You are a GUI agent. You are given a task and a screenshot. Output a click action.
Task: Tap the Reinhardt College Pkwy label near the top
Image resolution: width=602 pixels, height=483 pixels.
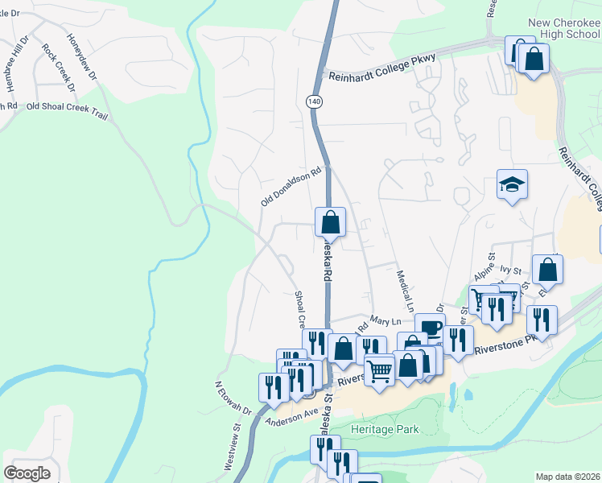[382, 76]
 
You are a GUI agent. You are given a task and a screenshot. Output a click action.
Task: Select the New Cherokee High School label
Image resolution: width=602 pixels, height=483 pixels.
[563, 31]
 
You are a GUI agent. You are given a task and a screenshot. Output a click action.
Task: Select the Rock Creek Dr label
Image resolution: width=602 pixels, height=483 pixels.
[58, 68]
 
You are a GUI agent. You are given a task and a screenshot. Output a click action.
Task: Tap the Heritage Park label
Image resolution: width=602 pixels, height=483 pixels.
[384, 429]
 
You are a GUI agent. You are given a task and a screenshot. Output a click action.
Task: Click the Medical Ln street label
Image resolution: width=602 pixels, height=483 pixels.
[404, 291]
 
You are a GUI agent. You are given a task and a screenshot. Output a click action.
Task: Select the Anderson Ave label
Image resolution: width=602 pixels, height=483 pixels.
[291, 416]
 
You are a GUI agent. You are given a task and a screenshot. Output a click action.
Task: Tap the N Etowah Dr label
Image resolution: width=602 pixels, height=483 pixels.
[234, 399]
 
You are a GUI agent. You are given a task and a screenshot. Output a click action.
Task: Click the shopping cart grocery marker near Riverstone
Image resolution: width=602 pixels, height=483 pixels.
[379, 371]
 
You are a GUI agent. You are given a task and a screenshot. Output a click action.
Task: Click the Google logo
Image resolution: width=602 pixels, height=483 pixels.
[27, 473]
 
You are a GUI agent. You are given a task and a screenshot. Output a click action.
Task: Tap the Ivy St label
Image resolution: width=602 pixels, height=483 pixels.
[513, 271]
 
